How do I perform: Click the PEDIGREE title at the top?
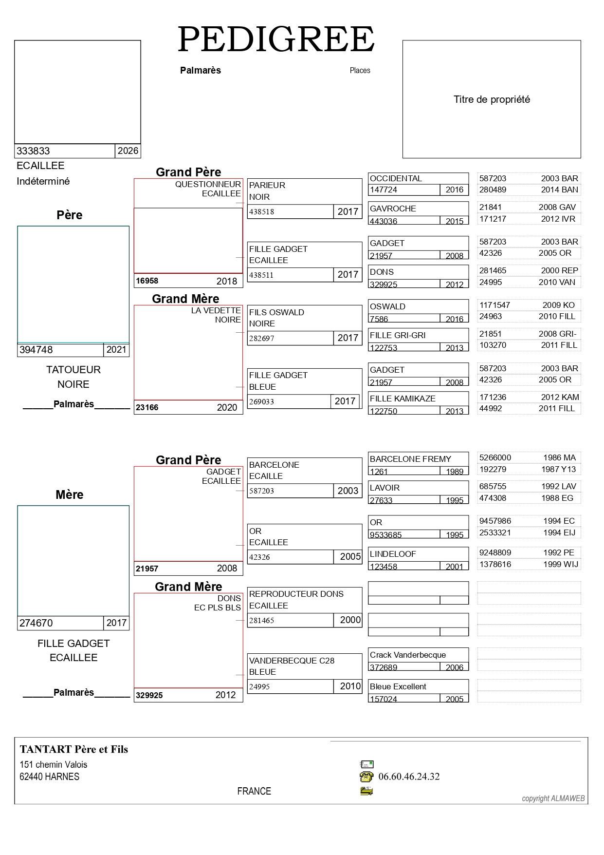point(276,39)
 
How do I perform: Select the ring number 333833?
point(33,151)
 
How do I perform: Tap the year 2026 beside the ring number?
point(128,151)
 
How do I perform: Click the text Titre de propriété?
point(492,99)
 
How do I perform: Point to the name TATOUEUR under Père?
point(73,370)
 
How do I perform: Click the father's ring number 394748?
point(36,350)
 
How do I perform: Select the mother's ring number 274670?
point(36,623)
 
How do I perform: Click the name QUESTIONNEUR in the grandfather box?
point(208,184)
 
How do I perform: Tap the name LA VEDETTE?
point(216,310)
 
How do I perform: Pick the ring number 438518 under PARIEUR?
point(261,212)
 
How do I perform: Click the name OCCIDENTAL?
point(396,178)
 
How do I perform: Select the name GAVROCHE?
point(393,209)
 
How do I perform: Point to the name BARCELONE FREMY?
point(410,459)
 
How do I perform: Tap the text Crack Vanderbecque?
point(408,655)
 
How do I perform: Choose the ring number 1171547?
point(494,305)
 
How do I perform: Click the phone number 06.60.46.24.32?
point(409,777)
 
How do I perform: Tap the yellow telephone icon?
point(366,777)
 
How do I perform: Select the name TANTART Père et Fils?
point(74,749)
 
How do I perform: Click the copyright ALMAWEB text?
point(553,798)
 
